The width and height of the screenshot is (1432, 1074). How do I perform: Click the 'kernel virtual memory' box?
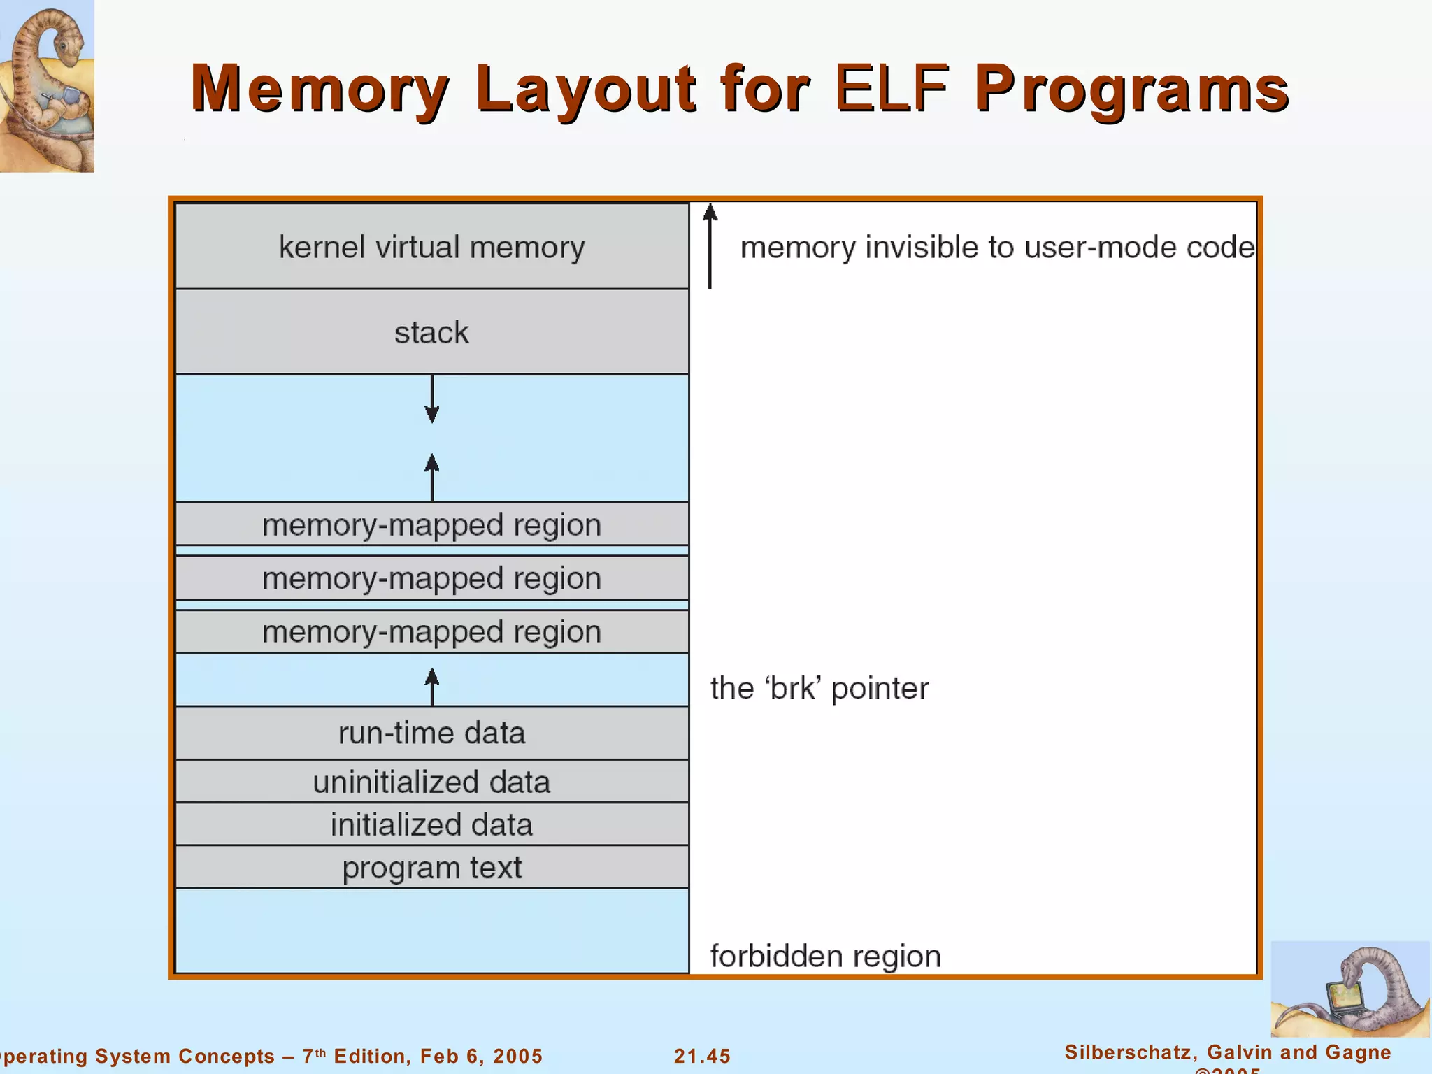[x=431, y=247]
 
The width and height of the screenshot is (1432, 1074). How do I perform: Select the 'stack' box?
[x=431, y=332]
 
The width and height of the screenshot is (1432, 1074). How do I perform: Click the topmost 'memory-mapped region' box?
[x=431, y=524]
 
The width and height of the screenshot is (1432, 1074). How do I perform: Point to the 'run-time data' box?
[x=431, y=733]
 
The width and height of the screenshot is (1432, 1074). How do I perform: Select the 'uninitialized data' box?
[x=431, y=782]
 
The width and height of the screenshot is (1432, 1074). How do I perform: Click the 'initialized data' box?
[x=431, y=824]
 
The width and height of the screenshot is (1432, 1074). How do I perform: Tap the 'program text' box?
[x=431, y=868]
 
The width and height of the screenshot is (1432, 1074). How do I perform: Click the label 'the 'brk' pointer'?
[x=819, y=688]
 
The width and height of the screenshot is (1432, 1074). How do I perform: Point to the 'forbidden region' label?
[x=825, y=956]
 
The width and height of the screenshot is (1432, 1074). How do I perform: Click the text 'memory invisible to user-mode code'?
[x=997, y=248]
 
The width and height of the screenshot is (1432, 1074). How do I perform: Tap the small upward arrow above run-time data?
[x=432, y=687]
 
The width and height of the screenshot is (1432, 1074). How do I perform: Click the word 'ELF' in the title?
[x=892, y=89]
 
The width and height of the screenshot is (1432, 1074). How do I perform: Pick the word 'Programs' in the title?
[x=1131, y=89]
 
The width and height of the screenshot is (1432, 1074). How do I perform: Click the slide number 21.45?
[x=702, y=1056]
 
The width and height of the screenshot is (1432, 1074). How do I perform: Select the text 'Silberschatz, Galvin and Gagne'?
[x=1227, y=1052]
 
